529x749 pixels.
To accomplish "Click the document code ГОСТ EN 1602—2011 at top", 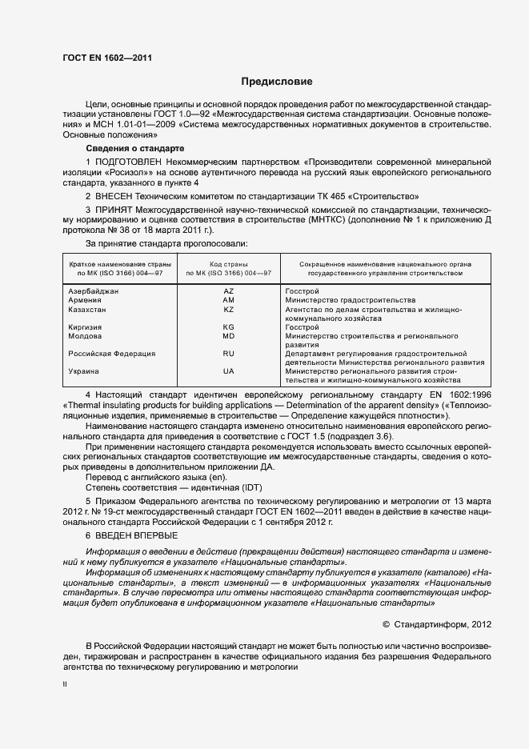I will click(106, 58).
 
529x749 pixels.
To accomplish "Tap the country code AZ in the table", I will click(228, 291).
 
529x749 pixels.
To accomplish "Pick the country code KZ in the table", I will click(228, 309).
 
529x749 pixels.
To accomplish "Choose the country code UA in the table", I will click(228, 371).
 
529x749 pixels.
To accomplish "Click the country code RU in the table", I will click(228, 353).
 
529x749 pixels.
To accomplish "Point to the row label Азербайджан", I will click(94, 291).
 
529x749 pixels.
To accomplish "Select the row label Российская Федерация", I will click(111, 353).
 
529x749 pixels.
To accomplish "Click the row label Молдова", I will click(85, 336).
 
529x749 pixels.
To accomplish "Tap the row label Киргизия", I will click(86, 327).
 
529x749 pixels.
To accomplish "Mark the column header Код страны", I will click(228, 264).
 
